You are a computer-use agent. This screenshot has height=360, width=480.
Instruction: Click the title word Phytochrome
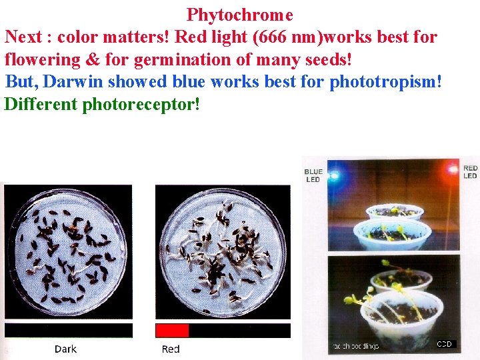coord(239,14)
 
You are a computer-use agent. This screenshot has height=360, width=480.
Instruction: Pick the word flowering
coord(43,59)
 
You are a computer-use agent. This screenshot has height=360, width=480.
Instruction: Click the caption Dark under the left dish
coord(65,349)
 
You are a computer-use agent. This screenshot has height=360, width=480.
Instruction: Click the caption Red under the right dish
coord(171,349)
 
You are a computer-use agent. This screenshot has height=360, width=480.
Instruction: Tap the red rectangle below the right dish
coord(172,331)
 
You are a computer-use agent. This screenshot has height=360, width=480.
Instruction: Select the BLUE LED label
coord(313,175)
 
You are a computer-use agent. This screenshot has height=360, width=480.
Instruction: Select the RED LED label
coord(470,172)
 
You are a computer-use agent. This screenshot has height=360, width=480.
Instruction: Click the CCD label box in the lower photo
coord(444,344)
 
